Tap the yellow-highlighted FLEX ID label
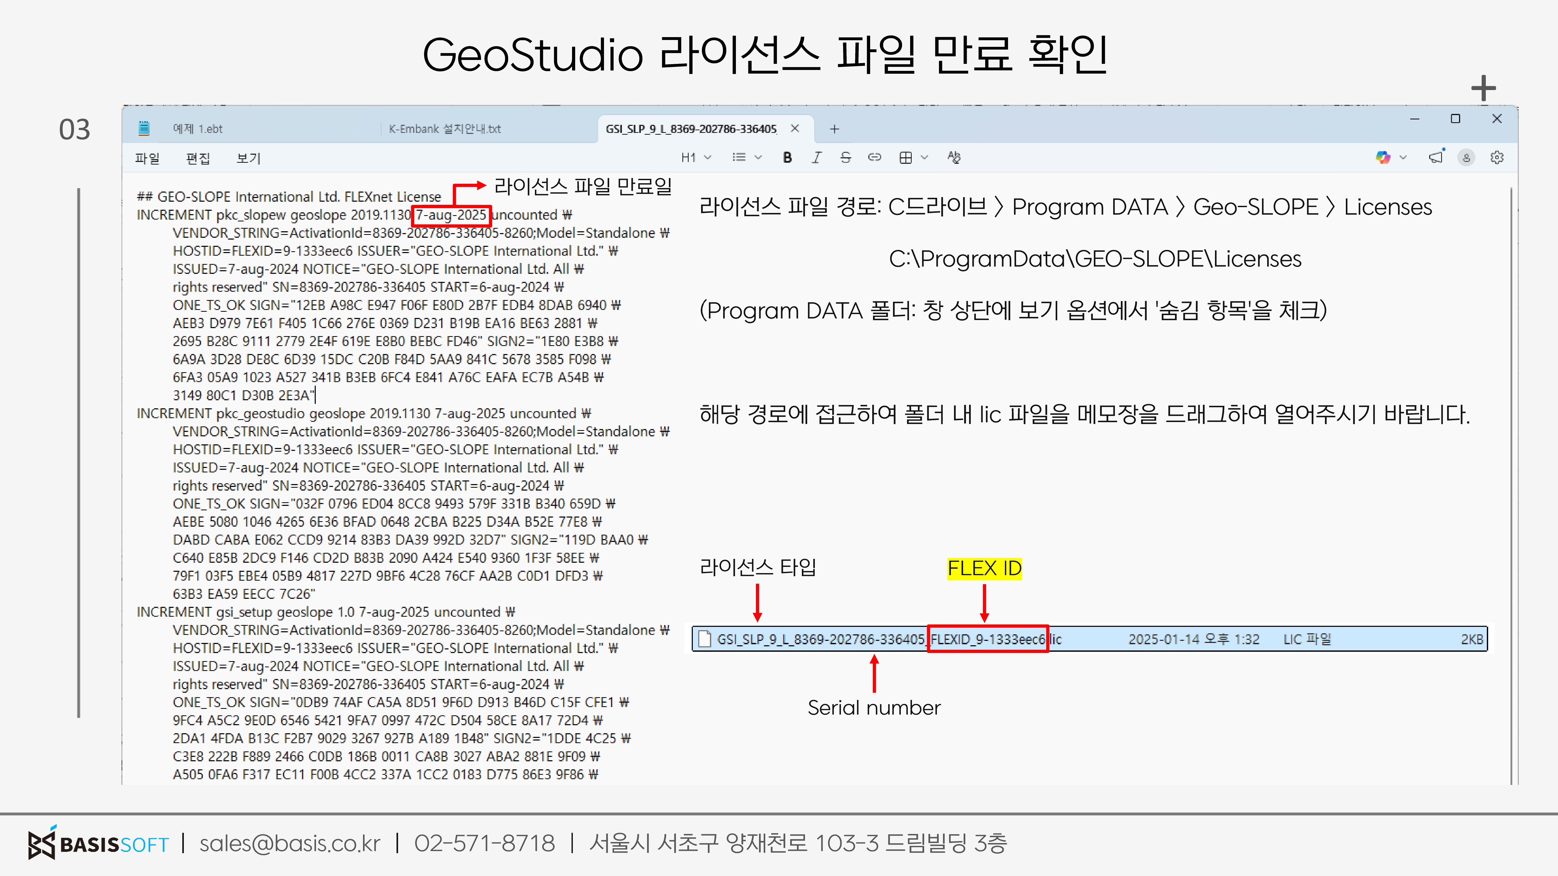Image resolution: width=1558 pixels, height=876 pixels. click(x=984, y=568)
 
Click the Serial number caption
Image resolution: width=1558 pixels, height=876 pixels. click(x=874, y=707)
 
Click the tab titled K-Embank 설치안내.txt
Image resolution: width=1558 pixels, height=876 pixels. click(x=445, y=129)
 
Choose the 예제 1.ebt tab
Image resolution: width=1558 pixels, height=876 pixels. click(x=198, y=129)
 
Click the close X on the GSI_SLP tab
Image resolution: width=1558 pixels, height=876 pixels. click(x=795, y=128)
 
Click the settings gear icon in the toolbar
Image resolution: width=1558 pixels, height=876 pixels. click(x=1497, y=158)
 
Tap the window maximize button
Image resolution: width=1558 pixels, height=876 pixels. click(x=1455, y=119)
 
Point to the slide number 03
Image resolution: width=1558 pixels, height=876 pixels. click(x=74, y=129)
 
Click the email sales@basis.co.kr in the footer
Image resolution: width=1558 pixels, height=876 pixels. click(x=290, y=843)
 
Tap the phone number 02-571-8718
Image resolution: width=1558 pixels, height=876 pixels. click(x=485, y=843)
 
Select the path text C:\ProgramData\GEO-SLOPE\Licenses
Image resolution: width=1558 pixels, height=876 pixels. click(x=1095, y=259)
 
